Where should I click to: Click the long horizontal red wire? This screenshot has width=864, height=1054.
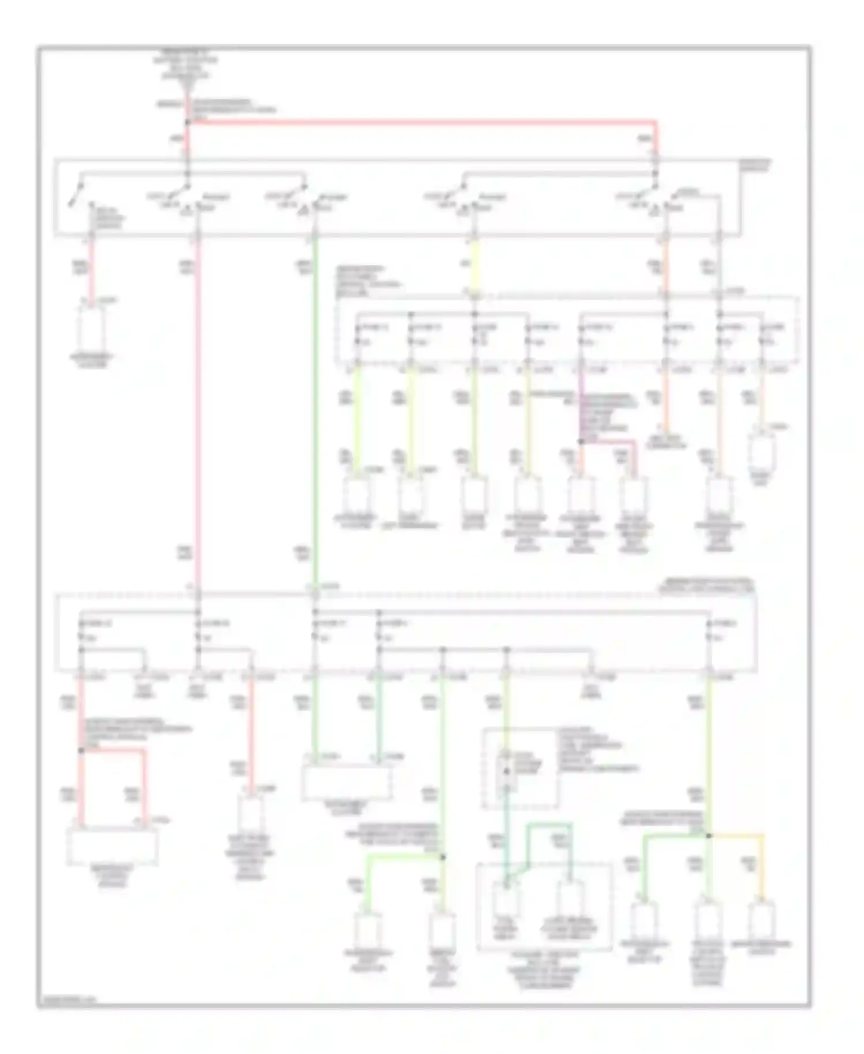coord(420,122)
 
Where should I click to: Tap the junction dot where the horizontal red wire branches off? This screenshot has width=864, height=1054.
coord(187,122)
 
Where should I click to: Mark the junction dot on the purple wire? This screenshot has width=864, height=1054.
coord(581,441)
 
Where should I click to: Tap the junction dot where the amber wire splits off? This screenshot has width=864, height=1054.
coord(709,835)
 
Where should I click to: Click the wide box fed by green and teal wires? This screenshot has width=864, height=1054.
coord(347,782)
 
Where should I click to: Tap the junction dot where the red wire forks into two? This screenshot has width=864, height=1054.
coord(81,751)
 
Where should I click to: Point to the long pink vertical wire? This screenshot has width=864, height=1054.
coord(197,404)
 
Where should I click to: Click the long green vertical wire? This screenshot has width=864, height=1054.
coord(314,404)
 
